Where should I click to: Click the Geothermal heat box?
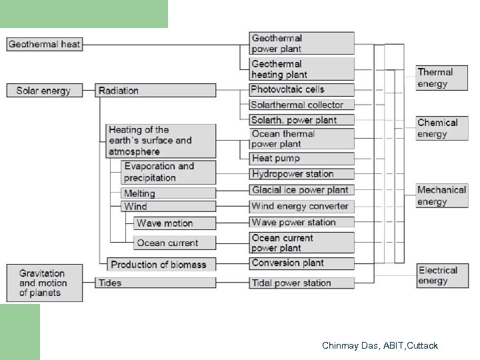45,45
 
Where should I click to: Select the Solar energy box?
44,90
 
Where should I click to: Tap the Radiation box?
155,90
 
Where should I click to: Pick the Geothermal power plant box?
301,43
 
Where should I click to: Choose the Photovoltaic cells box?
301,89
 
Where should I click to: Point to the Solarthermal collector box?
301,105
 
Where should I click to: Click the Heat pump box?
301,158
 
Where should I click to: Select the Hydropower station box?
301,174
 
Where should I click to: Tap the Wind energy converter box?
301,206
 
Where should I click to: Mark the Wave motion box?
174,223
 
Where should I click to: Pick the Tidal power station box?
301,283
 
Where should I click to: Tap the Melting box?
168,193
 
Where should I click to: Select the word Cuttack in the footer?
420,345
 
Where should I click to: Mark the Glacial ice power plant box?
301,190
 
